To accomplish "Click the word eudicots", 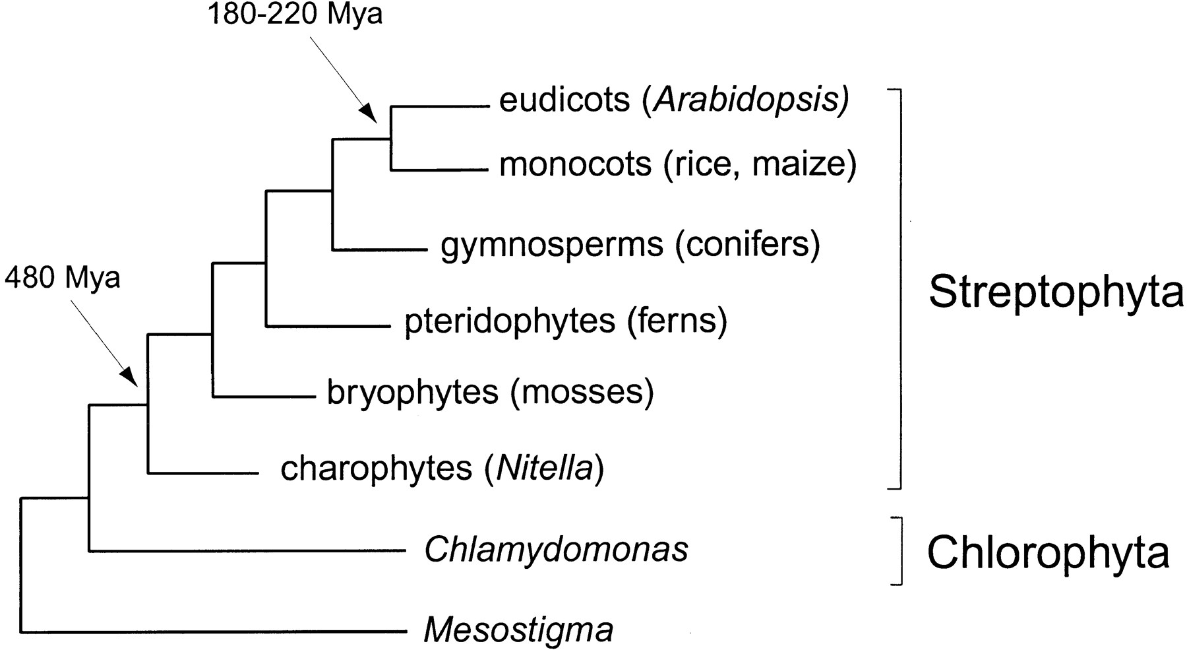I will click(564, 100).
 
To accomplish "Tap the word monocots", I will click(575, 164).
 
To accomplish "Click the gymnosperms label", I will click(551, 245).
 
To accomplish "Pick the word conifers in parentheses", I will click(747, 244).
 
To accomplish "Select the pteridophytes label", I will click(509, 321).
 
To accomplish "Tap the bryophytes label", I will click(412, 393).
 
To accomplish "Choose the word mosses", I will click(582, 393).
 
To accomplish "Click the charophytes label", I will click(376, 469).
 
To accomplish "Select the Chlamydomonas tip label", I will click(556, 550).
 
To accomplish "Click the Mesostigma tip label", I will click(518, 630).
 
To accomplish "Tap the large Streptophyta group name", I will click(1056, 292).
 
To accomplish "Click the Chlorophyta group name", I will click(1048, 553).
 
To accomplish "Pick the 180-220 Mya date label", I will click(295, 13).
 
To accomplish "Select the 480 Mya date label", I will click(63, 278).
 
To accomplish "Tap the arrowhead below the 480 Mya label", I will click(129, 377).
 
